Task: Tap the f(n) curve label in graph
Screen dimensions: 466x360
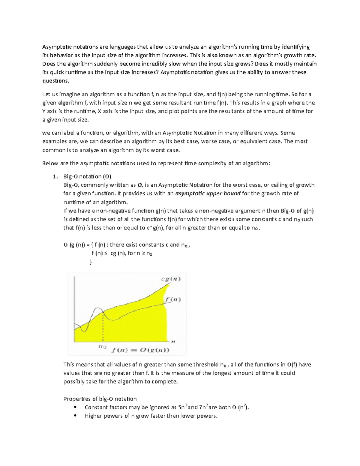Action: pos(172,299)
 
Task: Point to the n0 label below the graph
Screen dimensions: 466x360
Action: pos(102,347)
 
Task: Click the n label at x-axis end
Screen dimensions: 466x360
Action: pos(173,341)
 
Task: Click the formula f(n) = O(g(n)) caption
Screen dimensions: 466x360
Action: pos(140,350)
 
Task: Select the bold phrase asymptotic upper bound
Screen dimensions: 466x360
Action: pos(208,194)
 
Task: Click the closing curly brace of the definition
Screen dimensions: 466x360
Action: pos(91,262)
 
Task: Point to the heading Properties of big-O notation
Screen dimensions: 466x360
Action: pos(100,399)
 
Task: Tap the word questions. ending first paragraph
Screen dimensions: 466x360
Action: pos(56,81)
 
